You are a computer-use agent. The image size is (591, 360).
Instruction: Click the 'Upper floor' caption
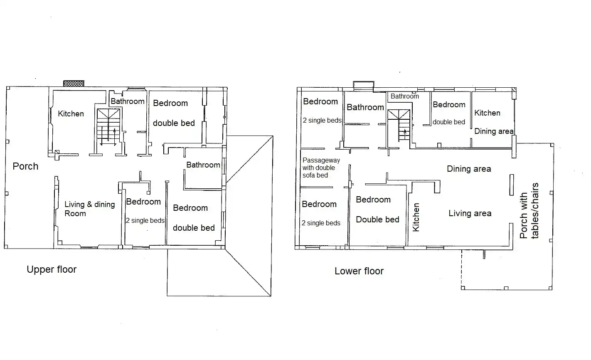(x=52, y=269)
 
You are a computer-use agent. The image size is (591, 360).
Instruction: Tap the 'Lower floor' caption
(x=359, y=271)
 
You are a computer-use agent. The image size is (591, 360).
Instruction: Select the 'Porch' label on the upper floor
(x=26, y=166)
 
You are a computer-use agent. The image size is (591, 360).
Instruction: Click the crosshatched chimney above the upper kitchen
(x=74, y=84)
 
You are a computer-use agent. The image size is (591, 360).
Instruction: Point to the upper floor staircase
(x=108, y=127)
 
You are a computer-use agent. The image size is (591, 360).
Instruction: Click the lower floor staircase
(x=399, y=125)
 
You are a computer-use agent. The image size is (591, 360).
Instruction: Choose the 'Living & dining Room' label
(x=90, y=209)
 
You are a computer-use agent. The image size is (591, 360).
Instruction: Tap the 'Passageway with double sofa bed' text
(x=321, y=168)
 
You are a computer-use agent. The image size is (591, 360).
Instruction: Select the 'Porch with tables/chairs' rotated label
(x=529, y=210)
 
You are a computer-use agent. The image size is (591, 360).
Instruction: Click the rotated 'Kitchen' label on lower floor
(x=416, y=217)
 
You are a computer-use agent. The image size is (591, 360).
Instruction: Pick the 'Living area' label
(x=470, y=213)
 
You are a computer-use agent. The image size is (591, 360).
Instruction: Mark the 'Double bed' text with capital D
(x=377, y=219)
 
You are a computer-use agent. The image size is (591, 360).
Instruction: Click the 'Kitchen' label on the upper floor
(x=71, y=114)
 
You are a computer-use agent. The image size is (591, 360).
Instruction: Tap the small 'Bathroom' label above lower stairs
(x=405, y=96)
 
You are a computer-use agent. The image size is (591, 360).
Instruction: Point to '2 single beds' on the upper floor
(x=145, y=220)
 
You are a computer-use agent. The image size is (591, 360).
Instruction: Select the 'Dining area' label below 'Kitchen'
(x=494, y=131)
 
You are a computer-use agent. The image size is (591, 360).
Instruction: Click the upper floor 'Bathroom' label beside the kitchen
(x=128, y=101)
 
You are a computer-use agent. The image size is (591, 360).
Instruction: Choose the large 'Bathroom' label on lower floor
(x=365, y=107)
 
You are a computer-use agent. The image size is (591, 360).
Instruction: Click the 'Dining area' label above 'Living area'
(x=469, y=169)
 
